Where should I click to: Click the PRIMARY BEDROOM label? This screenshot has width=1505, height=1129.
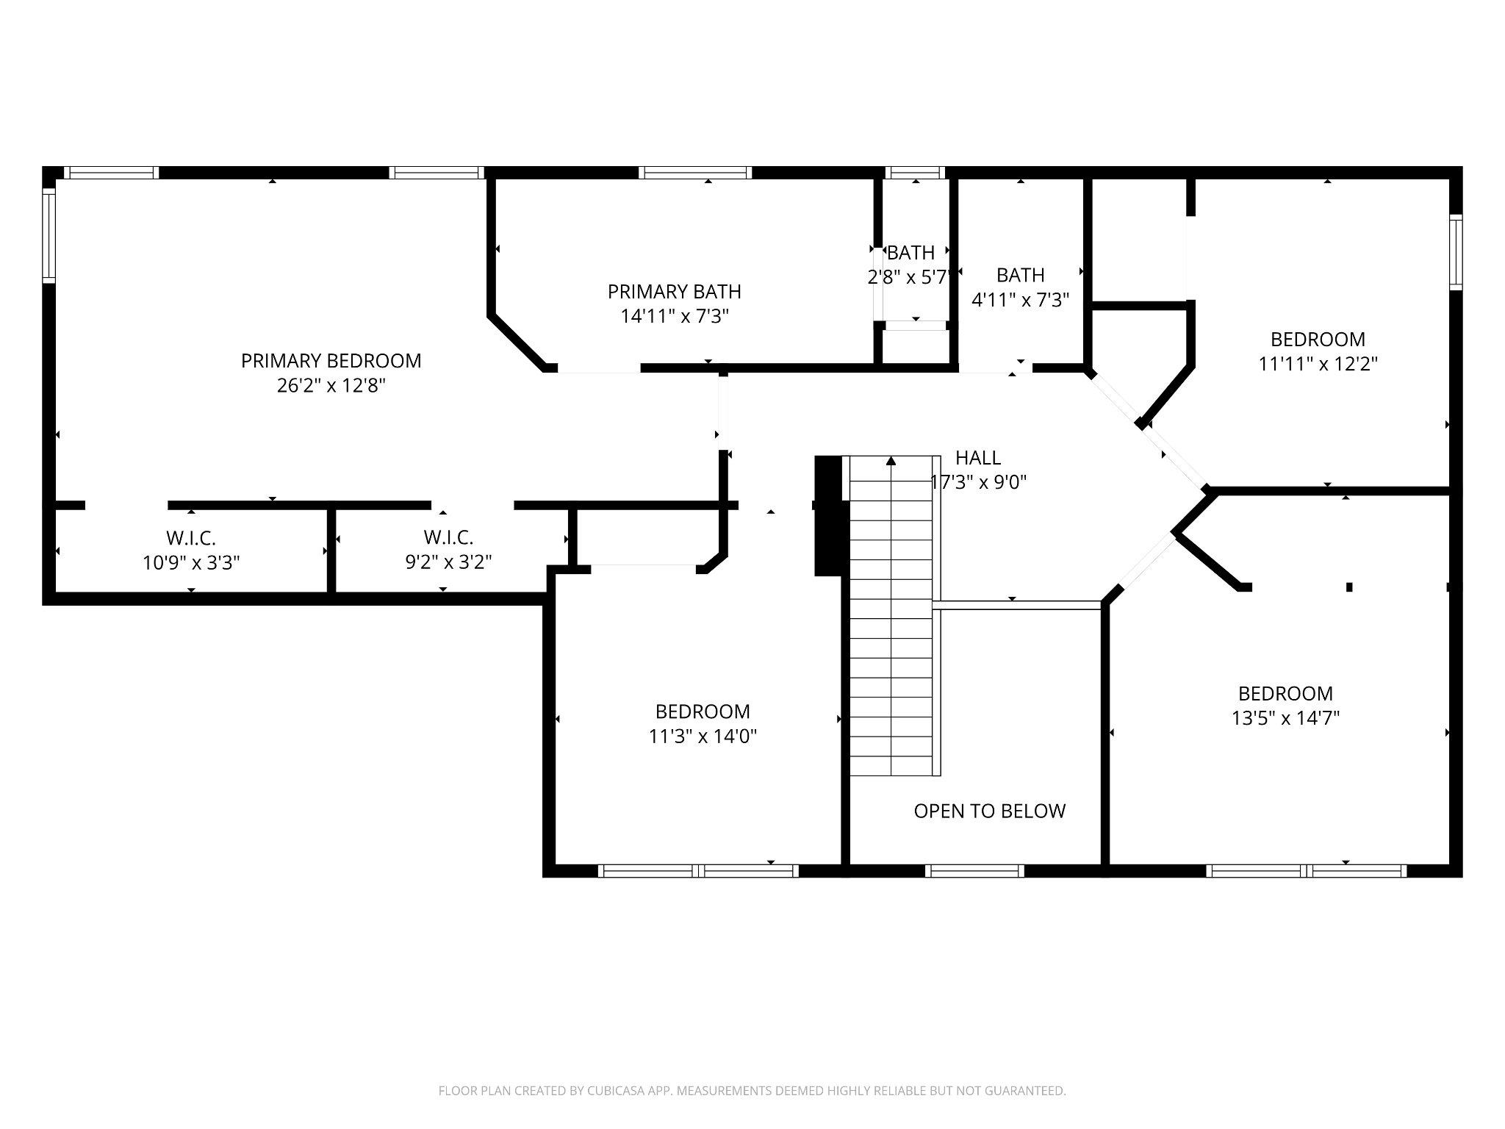coord(331,361)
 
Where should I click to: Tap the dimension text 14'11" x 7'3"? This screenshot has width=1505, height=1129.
coord(674,317)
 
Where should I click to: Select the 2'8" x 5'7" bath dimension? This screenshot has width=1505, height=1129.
coord(910,278)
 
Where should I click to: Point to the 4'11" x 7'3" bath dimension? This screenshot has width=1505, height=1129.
coord(1020,300)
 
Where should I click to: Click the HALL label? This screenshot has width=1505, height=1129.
coord(977,458)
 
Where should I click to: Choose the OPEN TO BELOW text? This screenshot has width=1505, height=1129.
coord(989,811)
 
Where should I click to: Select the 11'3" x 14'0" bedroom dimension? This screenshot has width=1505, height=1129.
coord(703,736)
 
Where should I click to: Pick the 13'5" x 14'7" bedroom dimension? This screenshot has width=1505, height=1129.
coord(1285,718)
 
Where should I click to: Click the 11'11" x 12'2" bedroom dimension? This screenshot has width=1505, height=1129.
coord(1318,364)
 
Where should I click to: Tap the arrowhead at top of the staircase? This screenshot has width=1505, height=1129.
coord(891,461)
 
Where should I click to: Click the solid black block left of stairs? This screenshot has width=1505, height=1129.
coord(828,515)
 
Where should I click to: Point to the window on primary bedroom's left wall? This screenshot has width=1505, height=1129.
coord(49,235)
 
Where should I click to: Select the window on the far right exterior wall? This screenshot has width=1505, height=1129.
coord(1455,251)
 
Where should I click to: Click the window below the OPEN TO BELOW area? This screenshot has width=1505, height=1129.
coord(974,871)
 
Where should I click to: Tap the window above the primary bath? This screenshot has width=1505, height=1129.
coord(695,173)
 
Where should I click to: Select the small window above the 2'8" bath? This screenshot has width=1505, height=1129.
coord(915,173)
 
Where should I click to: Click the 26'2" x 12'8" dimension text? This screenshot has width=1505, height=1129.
coord(331,386)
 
